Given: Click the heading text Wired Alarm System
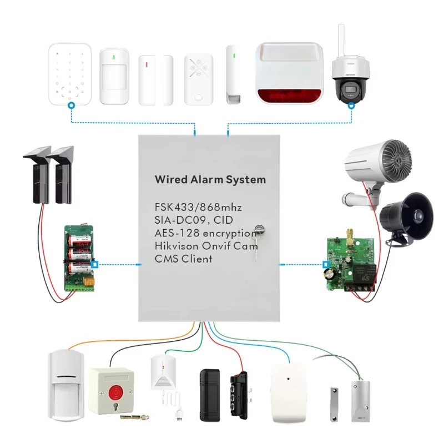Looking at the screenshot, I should [x=210, y=180].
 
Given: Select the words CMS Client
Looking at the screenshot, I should [x=184, y=259].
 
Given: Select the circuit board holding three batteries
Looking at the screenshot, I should [x=79, y=255].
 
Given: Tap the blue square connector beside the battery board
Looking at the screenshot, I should [x=95, y=265].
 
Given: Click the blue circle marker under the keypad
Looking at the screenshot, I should [x=70, y=105].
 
